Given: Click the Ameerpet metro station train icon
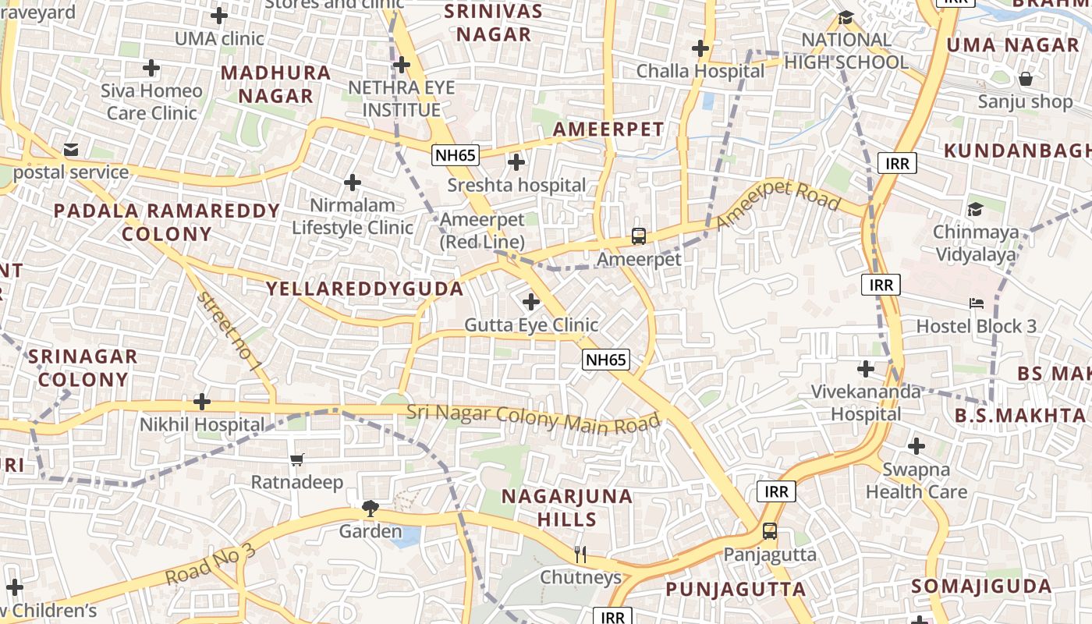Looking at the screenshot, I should coord(638,236).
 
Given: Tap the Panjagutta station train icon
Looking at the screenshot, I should coord(769,531).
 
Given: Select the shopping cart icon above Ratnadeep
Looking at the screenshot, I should coord(296,459).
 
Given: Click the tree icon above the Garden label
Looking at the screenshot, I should coord(370,509).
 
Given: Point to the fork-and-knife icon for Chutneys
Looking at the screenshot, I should coord(580,555).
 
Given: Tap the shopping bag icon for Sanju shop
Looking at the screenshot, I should coord(1026,79).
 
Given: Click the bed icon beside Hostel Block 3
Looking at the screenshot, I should coord(977,303).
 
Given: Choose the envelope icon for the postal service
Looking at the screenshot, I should coord(71,149).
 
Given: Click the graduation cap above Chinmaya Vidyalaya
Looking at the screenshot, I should coord(975,209).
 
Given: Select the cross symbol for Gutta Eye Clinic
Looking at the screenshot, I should coord(531,301).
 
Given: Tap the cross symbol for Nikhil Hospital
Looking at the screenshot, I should coord(202,402).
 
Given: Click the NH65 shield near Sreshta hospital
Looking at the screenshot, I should coord(456,154).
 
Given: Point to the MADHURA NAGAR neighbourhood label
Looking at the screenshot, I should coord(276,84).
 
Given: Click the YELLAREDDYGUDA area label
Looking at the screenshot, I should coord(365,289).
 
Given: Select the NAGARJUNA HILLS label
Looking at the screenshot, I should coord(567,508).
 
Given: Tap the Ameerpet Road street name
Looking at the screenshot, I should coord(778,204).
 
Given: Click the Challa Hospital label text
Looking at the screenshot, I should coord(700,71).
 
